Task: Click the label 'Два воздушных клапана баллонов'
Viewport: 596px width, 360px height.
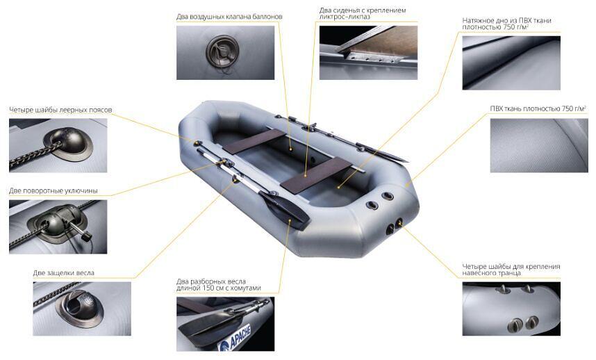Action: pyautogui.click(x=229, y=17)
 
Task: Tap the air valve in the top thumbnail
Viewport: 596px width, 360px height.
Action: pyautogui.click(x=222, y=52)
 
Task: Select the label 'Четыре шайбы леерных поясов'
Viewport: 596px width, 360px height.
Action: pyautogui.click(x=60, y=110)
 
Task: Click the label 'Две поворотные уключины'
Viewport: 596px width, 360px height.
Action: pyautogui.click(x=53, y=191)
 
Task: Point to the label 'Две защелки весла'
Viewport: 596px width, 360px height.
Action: pyautogui.click(x=63, y=273)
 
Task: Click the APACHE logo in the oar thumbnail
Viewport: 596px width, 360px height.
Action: pyautogui.click(x=235, y=338)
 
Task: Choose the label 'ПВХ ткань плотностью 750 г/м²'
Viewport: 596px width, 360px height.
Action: pyautogui.click(x=538, y=108)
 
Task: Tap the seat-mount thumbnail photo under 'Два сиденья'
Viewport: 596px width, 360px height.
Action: pyautogui.click(x=368, y=53)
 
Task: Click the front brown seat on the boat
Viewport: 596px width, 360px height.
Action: pyautogui.click(x=254, y=141)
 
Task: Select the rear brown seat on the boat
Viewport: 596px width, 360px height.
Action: pyautogui.click(x=316, y=174)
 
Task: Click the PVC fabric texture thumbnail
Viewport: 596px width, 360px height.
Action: pyautogui.click(x=539, y=145)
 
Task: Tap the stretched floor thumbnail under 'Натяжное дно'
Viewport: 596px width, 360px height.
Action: pyautogui.click(x=511, y=63)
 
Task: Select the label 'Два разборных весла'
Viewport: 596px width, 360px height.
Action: pyautogui.click(x=211, y=281)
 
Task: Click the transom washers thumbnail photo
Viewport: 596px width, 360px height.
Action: pyautogui.click(x=511, y=309)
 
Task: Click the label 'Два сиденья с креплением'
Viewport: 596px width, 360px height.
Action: pyautogui.click(x=363, y=10)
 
